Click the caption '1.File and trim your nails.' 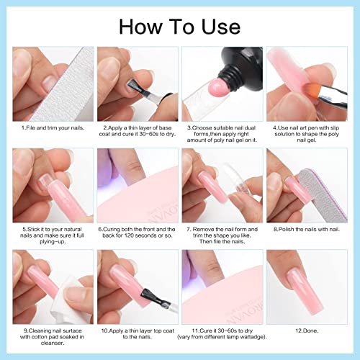[x=53, y=127]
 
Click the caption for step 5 [x=53, y=238]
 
